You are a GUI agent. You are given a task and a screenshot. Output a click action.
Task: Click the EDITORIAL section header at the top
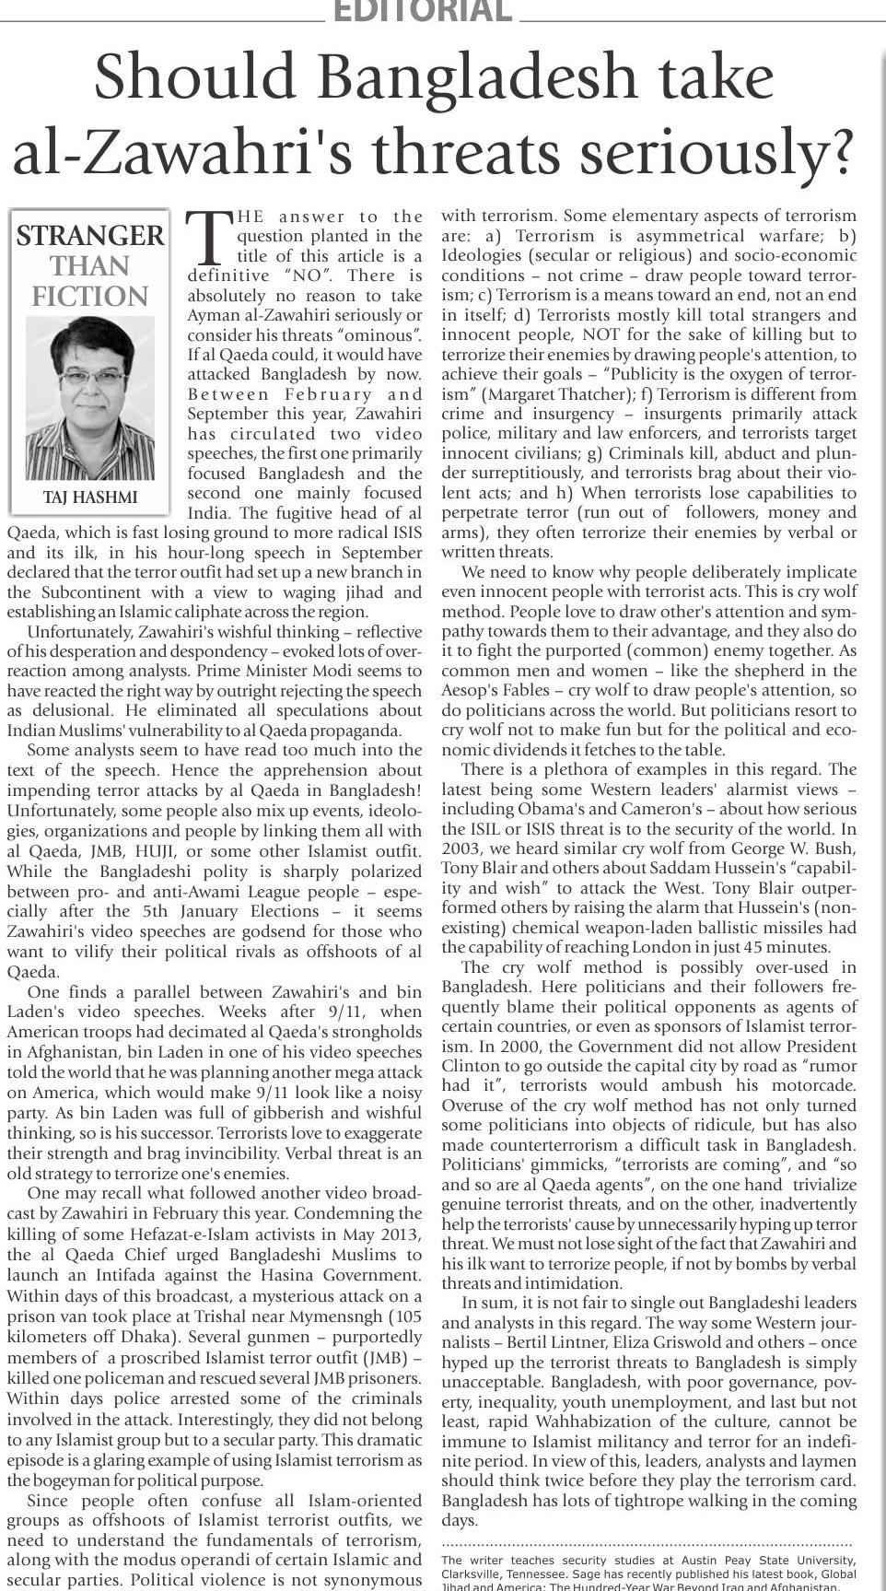click(422, 11)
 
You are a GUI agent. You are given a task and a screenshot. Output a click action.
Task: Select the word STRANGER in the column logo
click(90, 236)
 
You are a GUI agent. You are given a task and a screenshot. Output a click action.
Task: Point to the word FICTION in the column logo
click(90, 297)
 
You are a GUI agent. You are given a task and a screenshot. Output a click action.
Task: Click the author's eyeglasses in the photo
click(90, 377)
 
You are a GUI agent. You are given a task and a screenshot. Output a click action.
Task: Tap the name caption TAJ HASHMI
click(90, 497)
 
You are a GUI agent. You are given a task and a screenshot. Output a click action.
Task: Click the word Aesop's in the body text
click(475, 691)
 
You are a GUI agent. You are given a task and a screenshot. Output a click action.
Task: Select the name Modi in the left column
click(308, 672)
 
